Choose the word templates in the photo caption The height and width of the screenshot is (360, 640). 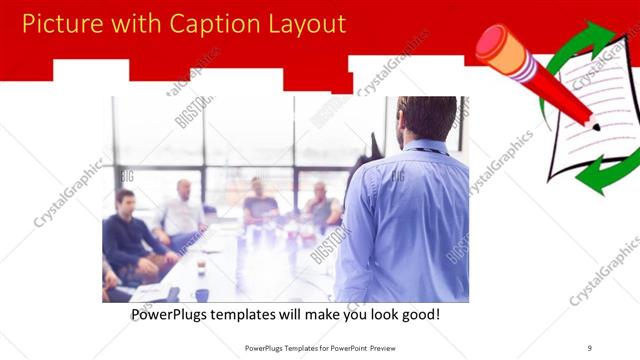coord(258,315)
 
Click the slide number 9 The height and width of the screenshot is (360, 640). coord(590,348)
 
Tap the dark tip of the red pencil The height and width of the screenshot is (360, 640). coord(596,127)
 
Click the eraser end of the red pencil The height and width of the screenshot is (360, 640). coord(491,41)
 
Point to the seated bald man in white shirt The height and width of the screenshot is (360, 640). coord(182,211)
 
